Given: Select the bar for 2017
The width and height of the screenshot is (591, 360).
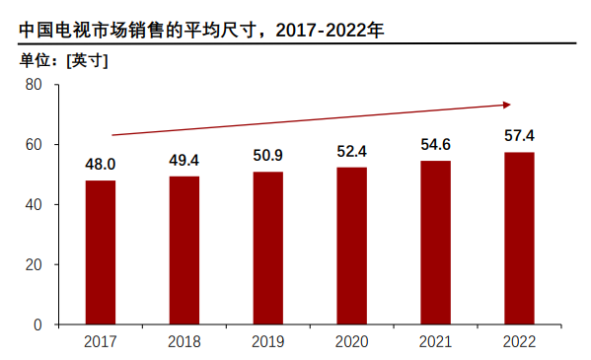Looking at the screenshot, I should point(100,252).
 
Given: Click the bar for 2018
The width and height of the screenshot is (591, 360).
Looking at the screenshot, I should point(184,251).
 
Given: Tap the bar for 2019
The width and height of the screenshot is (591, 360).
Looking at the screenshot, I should point(267,248).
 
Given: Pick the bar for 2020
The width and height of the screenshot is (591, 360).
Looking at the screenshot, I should point(351,246).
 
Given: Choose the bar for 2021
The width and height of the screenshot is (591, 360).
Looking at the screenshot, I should point(435,243).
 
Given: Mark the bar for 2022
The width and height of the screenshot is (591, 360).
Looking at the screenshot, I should point(519,238).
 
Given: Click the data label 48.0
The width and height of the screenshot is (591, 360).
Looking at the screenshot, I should point(100,164).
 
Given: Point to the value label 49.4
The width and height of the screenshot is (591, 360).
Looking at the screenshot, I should point(184,160).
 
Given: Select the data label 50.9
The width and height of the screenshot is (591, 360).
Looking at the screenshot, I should point(267,155).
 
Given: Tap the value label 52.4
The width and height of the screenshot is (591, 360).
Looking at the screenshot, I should point(351,151).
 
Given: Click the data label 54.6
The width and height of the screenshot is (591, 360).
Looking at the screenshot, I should point(435,144).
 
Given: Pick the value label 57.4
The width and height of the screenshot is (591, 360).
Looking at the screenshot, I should point(519,135).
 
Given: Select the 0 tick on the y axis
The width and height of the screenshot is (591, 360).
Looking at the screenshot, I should point(37,324).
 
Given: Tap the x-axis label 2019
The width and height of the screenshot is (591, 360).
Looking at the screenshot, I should point(267,341).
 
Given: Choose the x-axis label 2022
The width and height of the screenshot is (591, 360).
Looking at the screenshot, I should point(519,341).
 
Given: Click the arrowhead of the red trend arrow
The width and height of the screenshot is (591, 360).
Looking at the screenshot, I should point(506,104).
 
